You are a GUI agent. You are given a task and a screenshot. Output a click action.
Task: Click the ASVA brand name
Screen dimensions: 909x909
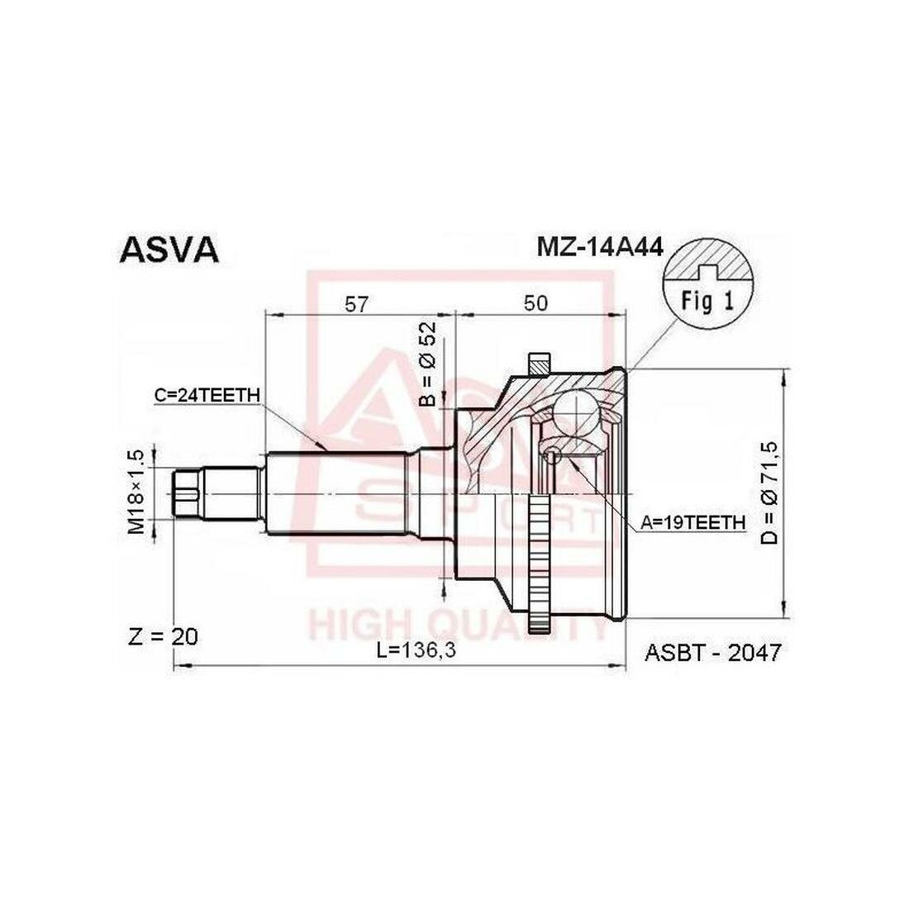[169, 250]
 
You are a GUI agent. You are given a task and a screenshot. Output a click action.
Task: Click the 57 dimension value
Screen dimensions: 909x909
[356, 303]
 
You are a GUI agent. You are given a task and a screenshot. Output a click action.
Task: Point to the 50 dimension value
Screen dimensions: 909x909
[536, 303]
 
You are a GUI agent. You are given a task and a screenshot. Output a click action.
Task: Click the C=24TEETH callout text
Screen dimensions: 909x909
[207, 395]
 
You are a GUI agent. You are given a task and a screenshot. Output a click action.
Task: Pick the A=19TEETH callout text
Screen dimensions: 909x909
[693, 521]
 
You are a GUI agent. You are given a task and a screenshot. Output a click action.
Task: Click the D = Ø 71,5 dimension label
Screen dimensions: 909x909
[769, 493]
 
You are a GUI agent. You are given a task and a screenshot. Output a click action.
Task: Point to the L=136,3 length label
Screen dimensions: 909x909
[417, 651]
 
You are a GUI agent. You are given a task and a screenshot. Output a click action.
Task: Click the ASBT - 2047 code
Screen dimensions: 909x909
[712, 653]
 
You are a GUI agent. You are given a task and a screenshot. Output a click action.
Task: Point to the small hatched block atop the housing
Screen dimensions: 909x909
[539, 362]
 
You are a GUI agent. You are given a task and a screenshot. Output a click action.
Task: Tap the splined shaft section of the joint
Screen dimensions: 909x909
[339, 493]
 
